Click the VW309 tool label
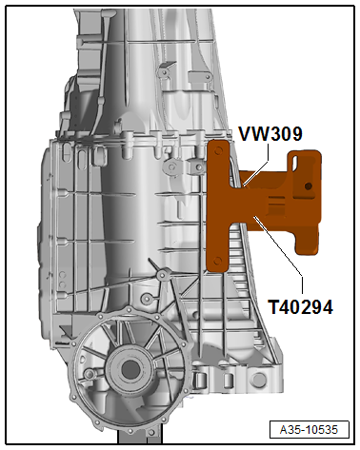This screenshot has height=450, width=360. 270,134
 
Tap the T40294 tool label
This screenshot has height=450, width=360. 300,307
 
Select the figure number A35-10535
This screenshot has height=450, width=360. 309,430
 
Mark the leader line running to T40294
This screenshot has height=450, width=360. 279,249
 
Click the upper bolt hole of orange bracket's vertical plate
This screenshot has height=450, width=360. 217,150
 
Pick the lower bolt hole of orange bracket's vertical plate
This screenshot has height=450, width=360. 217,261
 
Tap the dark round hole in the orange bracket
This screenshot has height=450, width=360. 308,186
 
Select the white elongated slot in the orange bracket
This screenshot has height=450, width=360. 295,162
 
